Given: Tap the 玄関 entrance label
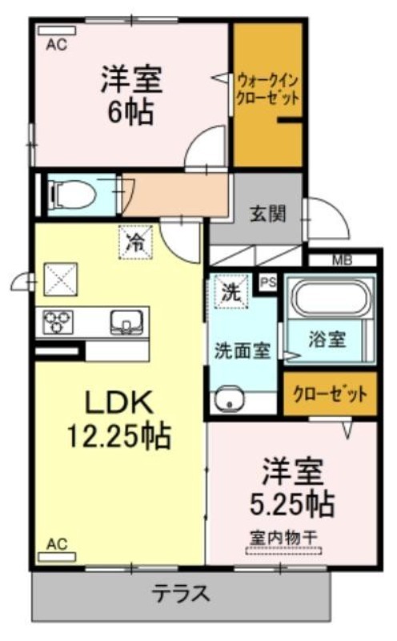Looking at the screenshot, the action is pos(268,214).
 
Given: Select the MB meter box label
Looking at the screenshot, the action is pos(342,260).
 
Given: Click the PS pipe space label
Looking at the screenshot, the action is pos(268,282).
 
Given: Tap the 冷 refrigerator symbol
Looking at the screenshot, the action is pos(135,243).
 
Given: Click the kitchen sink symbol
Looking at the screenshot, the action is pos(126,321).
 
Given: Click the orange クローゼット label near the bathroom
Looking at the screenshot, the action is pos(330,395).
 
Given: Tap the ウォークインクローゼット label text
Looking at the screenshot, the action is pos(268,90).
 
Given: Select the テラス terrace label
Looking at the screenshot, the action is pos(182,594).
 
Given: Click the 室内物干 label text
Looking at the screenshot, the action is pos(283,537).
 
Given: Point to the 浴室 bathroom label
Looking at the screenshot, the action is pos(327,339).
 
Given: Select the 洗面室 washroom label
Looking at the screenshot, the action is pos(243,350).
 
